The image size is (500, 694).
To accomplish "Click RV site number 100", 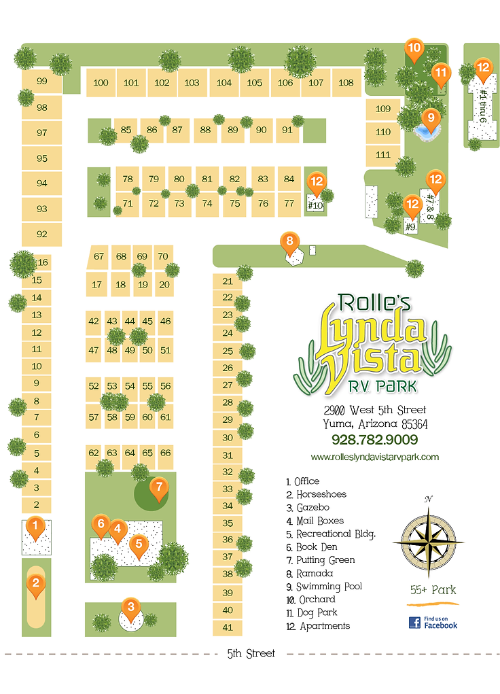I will tap(101, 83).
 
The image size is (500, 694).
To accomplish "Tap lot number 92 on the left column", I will tap(42, 234).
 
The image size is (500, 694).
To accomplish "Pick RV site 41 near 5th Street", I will tap(228, 627).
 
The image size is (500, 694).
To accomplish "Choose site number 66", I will tap(165, 453).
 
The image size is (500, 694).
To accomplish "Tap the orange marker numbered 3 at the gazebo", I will tap(130, 606).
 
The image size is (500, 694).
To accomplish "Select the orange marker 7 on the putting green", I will tap(158, 487).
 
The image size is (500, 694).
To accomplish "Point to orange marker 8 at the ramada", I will tap(289, 241).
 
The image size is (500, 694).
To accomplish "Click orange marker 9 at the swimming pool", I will tap(428, 118).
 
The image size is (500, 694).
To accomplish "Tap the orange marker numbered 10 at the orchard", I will tap(414, 49).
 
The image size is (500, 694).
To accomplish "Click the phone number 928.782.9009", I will tap(374, 440).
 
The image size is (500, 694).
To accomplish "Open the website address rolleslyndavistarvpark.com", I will tap(374, 457).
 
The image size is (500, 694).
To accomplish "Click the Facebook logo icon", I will tap(414, 622).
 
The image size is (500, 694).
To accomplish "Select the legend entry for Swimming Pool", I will tap(329, 586).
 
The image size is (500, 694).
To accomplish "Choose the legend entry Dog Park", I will tap(319, 612).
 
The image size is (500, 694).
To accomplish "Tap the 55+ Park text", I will tap(433, 589).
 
